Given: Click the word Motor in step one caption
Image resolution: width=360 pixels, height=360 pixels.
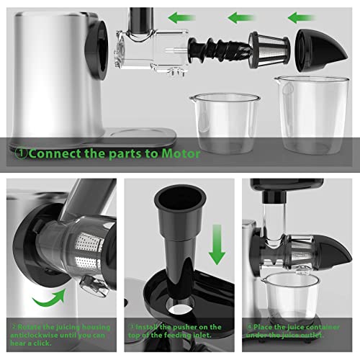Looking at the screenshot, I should click(181, 153).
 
